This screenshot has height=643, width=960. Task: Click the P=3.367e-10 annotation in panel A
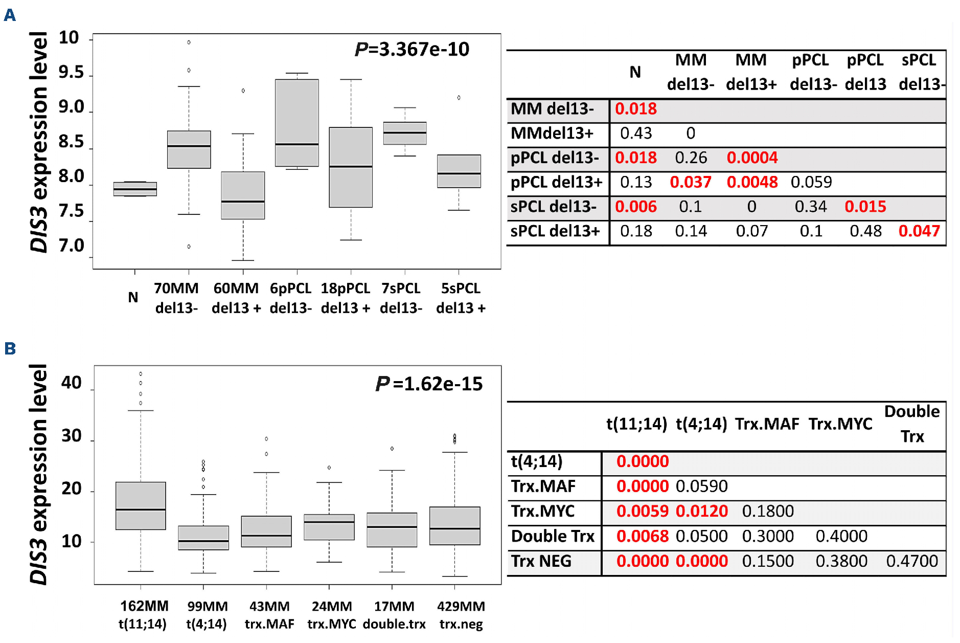(412, 50)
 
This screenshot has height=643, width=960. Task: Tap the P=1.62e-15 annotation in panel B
(429, 384)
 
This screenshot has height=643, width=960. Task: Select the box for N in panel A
(135, 189)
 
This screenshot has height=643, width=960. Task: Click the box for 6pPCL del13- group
(297, 123)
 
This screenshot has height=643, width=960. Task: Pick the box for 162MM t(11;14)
(141, 505)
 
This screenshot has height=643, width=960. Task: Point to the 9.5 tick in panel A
(71, 73)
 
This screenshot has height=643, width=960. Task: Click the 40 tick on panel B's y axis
(72, 383)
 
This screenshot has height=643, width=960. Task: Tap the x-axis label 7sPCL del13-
(401, 298)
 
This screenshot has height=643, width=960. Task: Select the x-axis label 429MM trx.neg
(461, 615)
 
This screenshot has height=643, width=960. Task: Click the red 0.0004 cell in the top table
(752, 158)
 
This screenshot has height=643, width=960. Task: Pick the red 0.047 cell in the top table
(919, 231)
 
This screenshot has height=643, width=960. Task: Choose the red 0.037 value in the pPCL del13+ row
(691, 182)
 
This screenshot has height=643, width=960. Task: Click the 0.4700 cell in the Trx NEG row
(912, 561)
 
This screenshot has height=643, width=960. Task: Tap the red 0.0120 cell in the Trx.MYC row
(701, 511)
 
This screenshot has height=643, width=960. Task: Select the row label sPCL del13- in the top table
(554, 207)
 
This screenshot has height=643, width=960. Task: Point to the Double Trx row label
(553, 536)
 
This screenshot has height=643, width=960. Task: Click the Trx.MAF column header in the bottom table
(767, 424)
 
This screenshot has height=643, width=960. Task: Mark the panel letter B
(10, 349)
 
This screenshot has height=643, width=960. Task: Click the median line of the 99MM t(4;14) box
(203, 541)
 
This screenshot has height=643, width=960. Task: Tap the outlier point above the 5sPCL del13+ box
(459, 98)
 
